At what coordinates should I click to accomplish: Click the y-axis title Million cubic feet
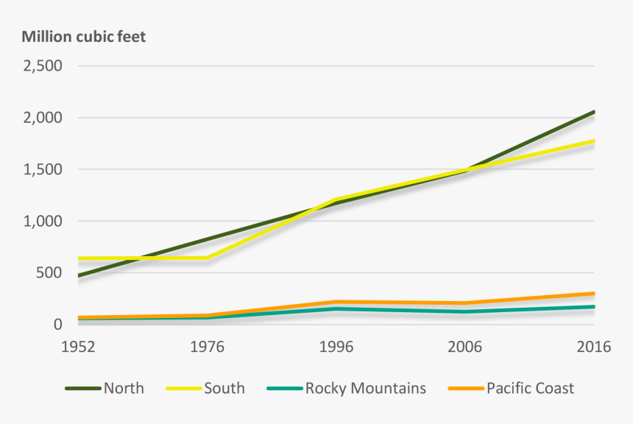(83, 37)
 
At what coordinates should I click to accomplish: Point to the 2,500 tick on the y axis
(42, 66)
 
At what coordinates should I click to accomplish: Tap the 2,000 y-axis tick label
(42, 118)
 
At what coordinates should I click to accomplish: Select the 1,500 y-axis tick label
(42, 169)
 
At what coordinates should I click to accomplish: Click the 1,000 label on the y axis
(42, 222)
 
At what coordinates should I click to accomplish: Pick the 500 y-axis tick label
(49, 273)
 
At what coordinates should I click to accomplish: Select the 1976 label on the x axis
(207, 347)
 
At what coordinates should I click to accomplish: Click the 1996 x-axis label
(336, 347)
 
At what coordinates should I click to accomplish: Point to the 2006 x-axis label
(464, 347)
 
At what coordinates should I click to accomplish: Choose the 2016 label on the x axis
(593, 347)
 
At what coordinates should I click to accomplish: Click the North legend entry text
(124, 388)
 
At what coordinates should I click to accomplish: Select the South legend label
(224, 388)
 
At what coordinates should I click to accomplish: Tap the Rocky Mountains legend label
(365, 388)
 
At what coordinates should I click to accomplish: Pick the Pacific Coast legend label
(530, 388)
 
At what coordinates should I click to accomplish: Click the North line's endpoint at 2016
(593, 112)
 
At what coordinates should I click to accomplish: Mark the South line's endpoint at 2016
(593, 141)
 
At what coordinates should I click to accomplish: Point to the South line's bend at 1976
(207, 258)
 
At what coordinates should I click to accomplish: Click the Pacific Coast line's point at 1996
(336, 302)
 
